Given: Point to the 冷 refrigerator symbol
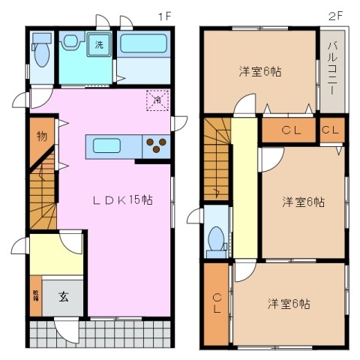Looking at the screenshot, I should (157, 99).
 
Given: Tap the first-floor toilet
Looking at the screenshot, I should (42, 52).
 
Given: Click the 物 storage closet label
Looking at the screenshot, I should (42, 136).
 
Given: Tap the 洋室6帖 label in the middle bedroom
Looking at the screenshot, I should (303, 202).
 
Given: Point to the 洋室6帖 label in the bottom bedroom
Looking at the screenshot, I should (289, 304).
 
